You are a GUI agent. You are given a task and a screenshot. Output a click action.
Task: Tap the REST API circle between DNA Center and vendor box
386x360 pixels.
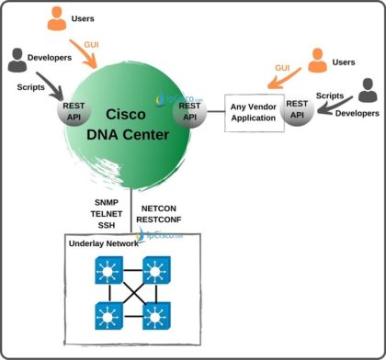(188, 111)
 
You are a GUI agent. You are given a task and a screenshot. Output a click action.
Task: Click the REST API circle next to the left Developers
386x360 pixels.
(74, 112)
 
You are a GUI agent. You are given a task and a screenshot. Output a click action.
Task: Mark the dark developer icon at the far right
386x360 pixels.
(368, 91)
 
